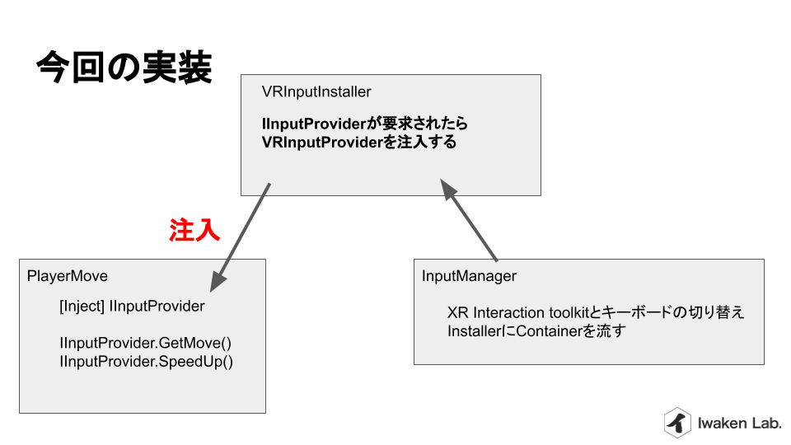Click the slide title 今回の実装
(x=124, y=67)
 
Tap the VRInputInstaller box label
(x=316, y=91)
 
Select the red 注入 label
(x=194, y=230)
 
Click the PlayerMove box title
(x=67, y=276)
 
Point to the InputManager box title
(x=469, y=276)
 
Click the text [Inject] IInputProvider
(x=132, y=307)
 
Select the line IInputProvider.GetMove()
(x=145, y=343)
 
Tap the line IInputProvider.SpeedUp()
(x=147, y=362)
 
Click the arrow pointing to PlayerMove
(x=240, y=237)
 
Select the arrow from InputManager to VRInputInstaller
(x=469, y=220)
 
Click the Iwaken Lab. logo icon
(x=677, y=422)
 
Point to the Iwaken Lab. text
(x=739, y=423)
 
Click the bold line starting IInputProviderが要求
(x=365, y=124)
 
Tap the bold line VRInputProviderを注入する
(x=359, y=143)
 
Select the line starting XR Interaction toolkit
(x=596, y=312)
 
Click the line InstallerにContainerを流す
(x=536, y=331)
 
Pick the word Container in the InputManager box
(x=550, y=331)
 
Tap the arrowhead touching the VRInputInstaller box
(x=448, y=190)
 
